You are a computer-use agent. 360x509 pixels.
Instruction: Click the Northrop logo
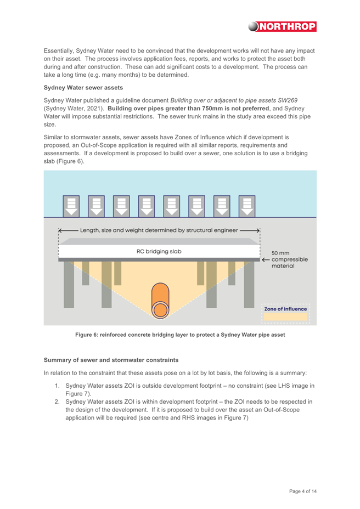[x=282, y=26]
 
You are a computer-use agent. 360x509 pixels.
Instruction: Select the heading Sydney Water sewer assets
[x=83, y=88]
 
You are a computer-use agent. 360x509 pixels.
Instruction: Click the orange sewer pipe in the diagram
[x=160, y=300]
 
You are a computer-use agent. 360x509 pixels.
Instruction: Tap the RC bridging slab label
[x=159, y=251]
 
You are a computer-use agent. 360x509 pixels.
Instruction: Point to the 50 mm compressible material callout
[x=290, y=259]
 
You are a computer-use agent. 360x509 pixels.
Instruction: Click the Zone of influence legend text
[x=285, y=309]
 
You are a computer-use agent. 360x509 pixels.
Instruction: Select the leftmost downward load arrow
[x=71, y=206]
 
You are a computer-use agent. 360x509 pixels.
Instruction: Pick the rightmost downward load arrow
[x=247, y=206]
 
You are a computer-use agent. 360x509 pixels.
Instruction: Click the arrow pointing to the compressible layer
[x=266, y=259]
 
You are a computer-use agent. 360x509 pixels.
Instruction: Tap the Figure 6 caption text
[x=180, y=335]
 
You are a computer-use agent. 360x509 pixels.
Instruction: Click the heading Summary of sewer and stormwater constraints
[x=111, y=360]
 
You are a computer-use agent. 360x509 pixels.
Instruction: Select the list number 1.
[x=57, y=386]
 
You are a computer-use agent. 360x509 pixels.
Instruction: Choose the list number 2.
[x=57, y=401]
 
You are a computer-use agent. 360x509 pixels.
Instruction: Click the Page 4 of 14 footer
[x=303, y=491]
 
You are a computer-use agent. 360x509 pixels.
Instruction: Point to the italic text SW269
[x=288, y=100]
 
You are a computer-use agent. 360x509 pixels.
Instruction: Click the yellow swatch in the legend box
[x=285, y=317]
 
